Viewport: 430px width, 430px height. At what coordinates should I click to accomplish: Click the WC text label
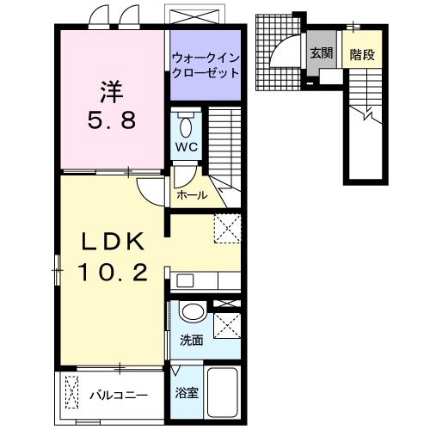(x=187, y=146)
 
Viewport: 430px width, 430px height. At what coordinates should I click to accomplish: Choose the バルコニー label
(x=119, y=396)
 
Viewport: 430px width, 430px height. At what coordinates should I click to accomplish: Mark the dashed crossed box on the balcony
(x=72, y=393)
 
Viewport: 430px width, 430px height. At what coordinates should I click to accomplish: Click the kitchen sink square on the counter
(x=183, y=280)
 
